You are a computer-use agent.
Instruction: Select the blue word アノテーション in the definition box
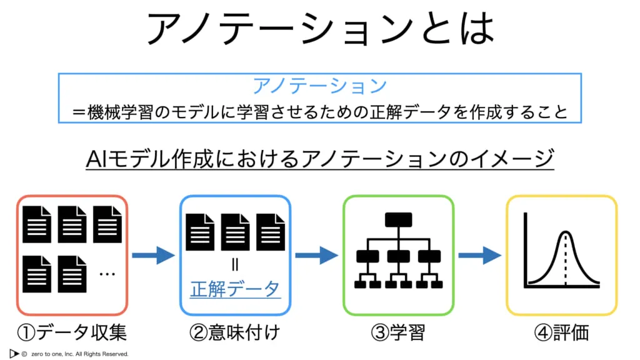pyautogui.click(x=319, y=86)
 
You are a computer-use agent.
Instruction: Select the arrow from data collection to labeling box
pyautogui.click(x=153, y=255)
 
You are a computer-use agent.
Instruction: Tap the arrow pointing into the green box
pyautogui.click(x=316, y=255)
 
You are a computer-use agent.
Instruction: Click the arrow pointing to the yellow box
pyautogui.click(x=479, y=255)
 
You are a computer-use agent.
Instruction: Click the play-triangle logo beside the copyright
pyautogui.click(x=14, y=353)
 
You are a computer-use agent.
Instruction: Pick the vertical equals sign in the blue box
pyautogui.click(x=235, y=265)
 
